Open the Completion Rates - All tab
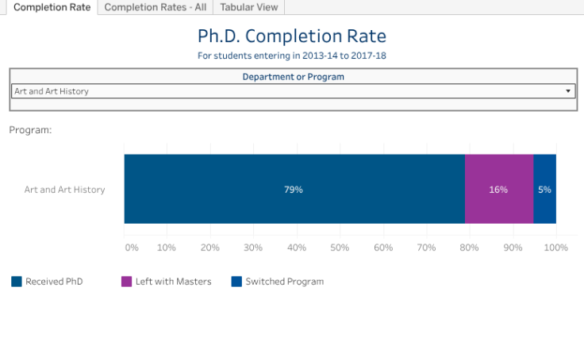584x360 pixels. [x=155, y=7]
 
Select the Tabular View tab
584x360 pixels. [x=249, y=7]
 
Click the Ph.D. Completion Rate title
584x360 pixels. [x=292, y=36]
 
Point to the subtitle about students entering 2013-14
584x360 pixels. [x=292, y=56]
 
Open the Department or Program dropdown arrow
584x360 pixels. [x=568, y=91]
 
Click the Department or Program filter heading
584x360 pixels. [x=293, y=77]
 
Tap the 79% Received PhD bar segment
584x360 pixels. [x=294, y=190]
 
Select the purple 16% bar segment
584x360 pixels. [x=498, y=190]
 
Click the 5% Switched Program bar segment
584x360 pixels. [x=544, y=190]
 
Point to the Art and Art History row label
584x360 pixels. [x=64, y=190]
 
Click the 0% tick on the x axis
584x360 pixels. [x=132, y=247]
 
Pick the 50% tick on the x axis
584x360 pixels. [x=340, y=247]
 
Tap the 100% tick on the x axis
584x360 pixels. [x=555, y=247]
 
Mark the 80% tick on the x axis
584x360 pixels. [x=469, y=247]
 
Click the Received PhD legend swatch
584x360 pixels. [x=17, y=281]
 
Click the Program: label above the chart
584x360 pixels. [x=30, y=130]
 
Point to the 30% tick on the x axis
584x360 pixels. [x=253, y=247]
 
